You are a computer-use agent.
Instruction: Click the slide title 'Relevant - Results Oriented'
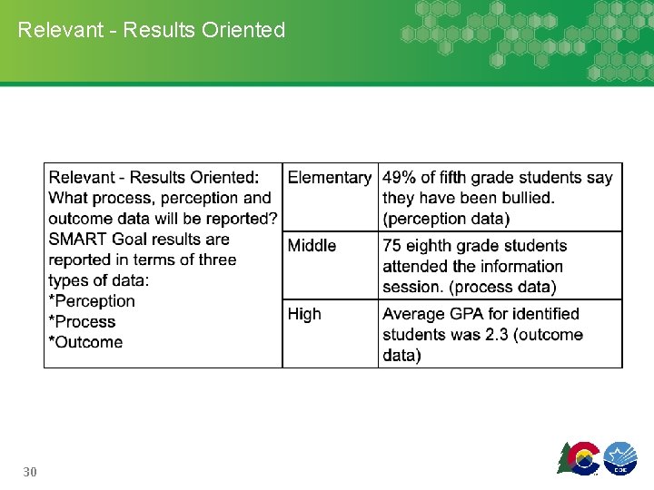pos(152,30)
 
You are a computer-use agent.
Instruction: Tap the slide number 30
pos(30,472)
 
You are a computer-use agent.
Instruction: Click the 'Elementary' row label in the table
pos(329,178)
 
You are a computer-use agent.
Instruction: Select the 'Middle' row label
pos(312,246)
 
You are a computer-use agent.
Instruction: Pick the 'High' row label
pos(304,314)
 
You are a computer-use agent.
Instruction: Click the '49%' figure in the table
pos(399,178)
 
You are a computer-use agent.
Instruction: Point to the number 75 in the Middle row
pos(392,246)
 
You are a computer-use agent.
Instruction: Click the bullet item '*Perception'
pos(92,301)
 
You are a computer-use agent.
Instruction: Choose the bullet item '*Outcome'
pos(85,342)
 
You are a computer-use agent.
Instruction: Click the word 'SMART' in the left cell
pos(78,240)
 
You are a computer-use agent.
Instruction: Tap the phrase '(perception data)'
pos(446,219)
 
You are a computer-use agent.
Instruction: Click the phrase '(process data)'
pos(510,287)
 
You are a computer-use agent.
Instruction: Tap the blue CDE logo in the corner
pos(620,457)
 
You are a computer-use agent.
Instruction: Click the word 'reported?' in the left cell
pos(242,219)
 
